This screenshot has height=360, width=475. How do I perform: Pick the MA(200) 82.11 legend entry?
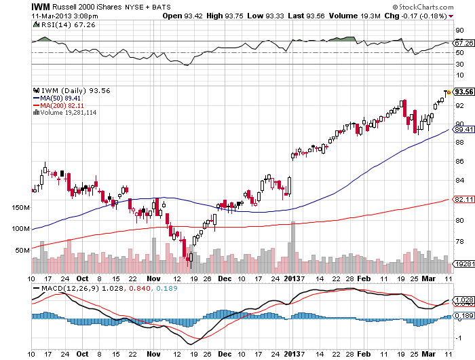coord(61,105)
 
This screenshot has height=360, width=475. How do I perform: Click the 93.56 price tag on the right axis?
coord(463,92)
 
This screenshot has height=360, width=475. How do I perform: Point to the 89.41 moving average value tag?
coord(463,129)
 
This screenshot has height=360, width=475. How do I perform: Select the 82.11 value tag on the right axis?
coord(463,199)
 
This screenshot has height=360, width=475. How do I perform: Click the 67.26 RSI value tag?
coord(463,42)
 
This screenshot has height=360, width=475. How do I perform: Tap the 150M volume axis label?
coord(22,206)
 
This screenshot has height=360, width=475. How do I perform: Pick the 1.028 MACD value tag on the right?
coord(463,300)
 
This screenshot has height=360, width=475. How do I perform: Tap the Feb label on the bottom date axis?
coord(365,278)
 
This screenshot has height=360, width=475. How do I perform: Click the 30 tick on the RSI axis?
coord(459,64)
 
